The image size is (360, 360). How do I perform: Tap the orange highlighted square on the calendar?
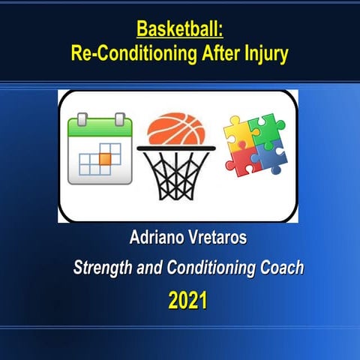(x=105, y=157)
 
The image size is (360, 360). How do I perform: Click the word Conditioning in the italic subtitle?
(x=209, y=268)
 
